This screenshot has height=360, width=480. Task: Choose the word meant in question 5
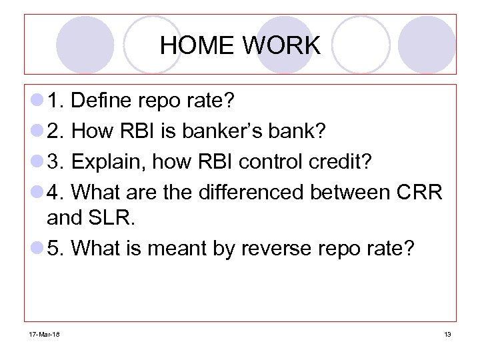coord(179,248)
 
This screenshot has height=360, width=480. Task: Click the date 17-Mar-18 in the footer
coord(43,334)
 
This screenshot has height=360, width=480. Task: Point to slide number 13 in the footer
coord(447,334)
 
